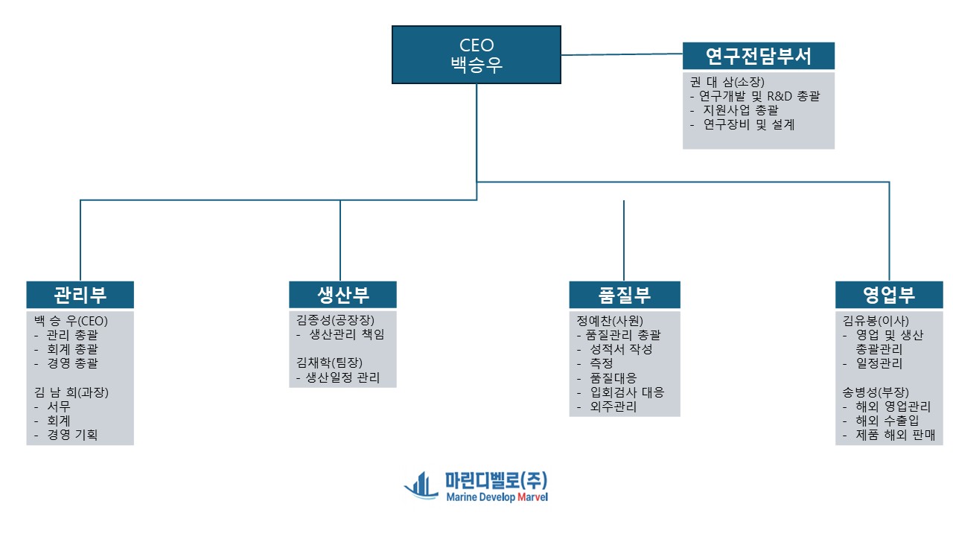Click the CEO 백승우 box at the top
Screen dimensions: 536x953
476,54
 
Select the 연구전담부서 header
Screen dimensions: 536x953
758,56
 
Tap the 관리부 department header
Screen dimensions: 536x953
80,295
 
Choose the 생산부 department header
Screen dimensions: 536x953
342,295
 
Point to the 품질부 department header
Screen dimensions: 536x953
624,295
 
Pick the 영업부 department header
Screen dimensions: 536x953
889,295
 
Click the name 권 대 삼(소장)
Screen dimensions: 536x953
723,82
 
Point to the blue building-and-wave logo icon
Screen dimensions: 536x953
421,486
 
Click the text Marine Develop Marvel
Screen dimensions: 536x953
497,497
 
